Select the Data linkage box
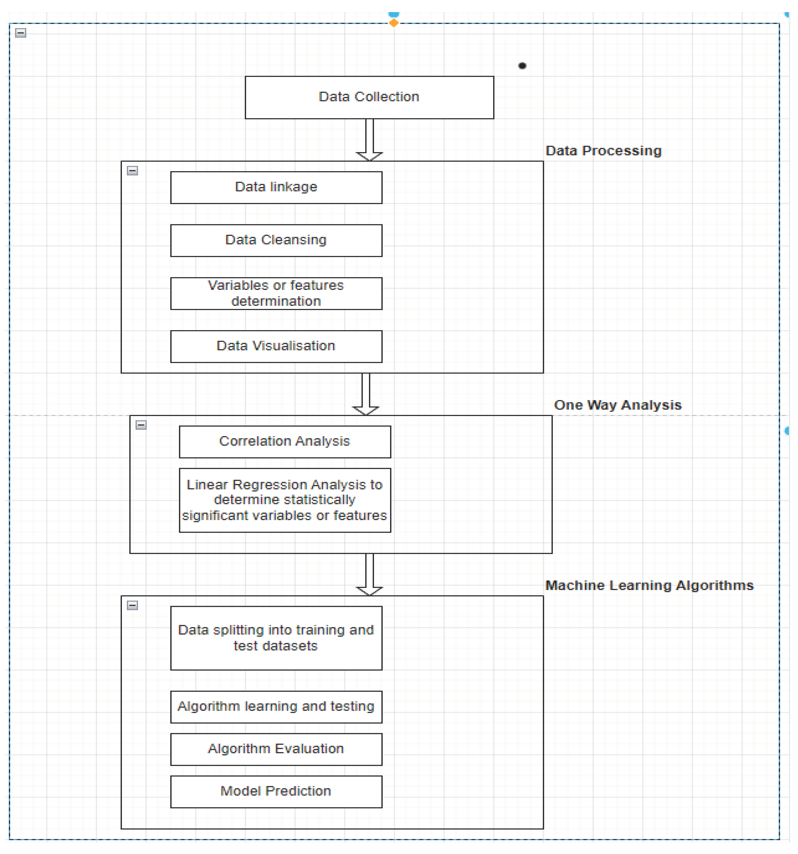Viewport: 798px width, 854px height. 276,188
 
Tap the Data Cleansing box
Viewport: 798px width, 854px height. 276,241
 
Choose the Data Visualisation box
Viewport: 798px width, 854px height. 276,347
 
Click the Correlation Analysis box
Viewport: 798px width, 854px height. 285,442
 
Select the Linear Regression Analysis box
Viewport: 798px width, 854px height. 285,501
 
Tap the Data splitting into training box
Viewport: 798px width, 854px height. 276,638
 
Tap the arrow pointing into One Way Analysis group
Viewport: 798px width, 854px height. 366,394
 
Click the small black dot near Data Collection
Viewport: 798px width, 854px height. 523,66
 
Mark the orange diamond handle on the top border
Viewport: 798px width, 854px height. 394,23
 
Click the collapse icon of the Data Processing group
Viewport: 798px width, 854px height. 132,171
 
